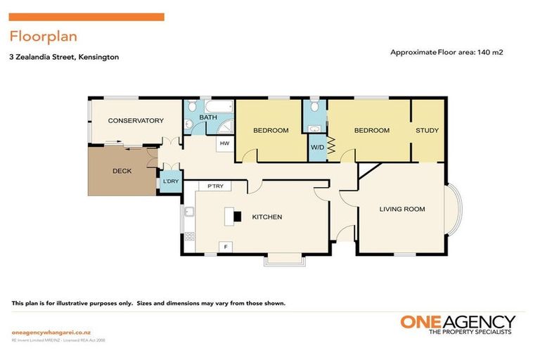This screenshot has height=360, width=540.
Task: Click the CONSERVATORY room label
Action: (136, 120)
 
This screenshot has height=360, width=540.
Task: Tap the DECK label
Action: (122, 171)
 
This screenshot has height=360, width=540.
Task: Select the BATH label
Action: (207, 117)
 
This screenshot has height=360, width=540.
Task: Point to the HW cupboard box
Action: (224, 143)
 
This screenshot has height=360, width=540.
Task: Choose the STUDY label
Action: (427, 130)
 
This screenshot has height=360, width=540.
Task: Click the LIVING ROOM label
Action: (401, 209)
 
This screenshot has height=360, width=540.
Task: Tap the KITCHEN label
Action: (266, 217)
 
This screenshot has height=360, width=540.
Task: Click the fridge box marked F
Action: (225, 247)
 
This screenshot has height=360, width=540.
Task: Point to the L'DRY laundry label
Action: (170, 182)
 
